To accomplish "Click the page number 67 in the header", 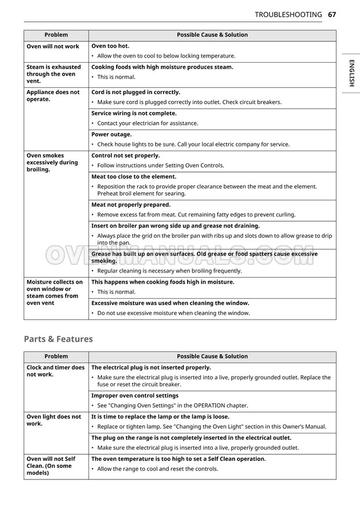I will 332,15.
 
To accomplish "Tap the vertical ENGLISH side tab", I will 351,73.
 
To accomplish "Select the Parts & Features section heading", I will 58,339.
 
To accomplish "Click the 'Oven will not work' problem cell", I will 53,46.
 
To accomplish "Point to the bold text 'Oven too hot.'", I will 110,46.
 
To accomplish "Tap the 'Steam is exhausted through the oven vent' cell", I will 53,74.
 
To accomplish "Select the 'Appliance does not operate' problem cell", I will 53,96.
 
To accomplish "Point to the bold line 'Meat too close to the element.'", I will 134,177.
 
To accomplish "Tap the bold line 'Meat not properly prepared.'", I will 131,205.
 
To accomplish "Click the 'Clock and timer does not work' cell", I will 55,371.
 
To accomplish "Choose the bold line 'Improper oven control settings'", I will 135,396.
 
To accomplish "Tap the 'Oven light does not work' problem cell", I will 53,420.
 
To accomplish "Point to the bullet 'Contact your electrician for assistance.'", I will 147,123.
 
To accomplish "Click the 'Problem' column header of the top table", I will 56,35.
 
